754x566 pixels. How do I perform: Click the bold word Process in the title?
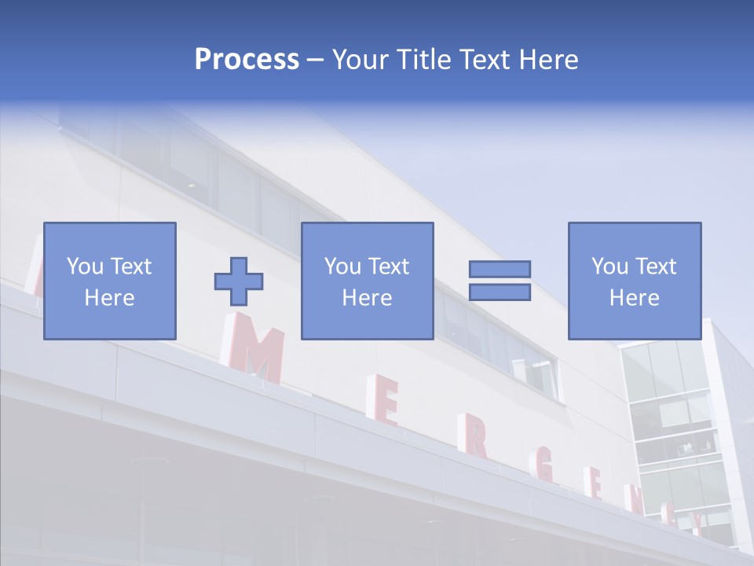pyautogui.click(x=247, y=60)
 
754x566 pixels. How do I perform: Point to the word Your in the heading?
pyautogui.click(x=357, y=60)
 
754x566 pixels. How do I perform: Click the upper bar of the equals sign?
pyautogui.click(x=500, y=269)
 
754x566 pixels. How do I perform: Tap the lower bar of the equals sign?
pyautogui.click(x=500, y=292)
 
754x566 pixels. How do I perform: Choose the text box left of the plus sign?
pyautogui.click(x=109, y=281)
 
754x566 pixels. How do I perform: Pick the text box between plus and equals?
pyautogui.click(x=367, y=281)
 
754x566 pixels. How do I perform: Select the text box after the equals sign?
pyautogui.click(x=634, y=281)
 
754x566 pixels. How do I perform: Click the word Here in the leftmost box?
pyautogui.click(x=109, y=298)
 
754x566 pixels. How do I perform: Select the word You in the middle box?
pyautogui.click(x=342, y=266)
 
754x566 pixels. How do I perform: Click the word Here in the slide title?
pyautogui.click(x=550, y=60)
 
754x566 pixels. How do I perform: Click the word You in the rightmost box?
pyautogui.click(x=609, y=266)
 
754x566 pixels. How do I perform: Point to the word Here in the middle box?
pyautogui.click(x=367, y=298)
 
